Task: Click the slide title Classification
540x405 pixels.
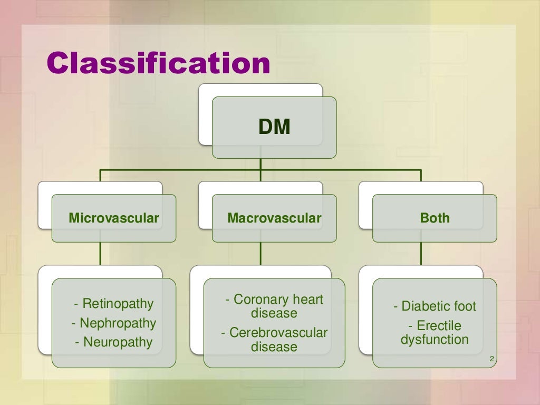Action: [158, 64]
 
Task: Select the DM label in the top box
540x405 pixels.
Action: [274, 128]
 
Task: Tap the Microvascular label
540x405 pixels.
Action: [114, 218]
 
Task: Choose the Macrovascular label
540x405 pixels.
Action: [274, 218]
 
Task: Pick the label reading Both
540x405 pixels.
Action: [435, 218]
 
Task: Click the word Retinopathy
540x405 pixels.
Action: [118, 304]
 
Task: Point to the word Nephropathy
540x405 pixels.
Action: [118, 323]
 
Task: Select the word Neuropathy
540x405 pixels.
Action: [118, 342]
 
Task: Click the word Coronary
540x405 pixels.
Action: [259, 300]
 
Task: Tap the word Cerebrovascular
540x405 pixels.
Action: [278, 333]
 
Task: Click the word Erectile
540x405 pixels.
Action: [439, 326]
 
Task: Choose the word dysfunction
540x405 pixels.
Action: [435, 339]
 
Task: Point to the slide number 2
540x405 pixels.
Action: [491, 360]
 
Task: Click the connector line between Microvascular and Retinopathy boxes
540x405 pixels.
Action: [100, 253]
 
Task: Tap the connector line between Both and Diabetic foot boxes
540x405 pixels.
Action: [421, 253]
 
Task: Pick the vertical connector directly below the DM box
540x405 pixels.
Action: [260, 164]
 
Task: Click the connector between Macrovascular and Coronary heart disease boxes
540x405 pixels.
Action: [260, 253]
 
